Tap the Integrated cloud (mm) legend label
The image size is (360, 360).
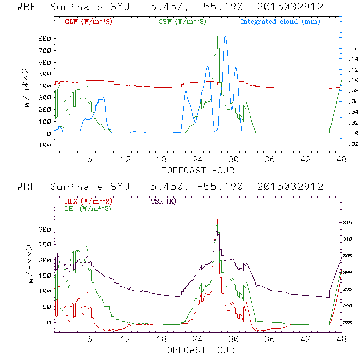280,22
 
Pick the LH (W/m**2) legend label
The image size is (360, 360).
88,208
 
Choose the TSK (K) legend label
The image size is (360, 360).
164,201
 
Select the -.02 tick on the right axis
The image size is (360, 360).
351,144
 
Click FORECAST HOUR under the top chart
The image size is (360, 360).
198,170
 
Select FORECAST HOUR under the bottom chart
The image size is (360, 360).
198,350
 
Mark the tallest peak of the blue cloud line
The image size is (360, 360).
225,36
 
